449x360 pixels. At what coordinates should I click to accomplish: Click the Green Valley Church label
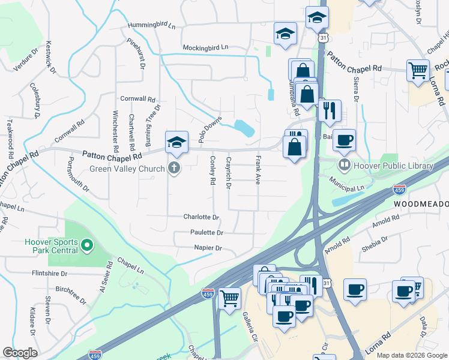pos(127,169)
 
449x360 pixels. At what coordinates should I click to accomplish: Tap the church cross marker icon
pos(174,168)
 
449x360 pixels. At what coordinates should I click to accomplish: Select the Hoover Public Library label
pos(393,166)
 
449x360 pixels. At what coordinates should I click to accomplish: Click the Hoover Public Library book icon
pos(345,165)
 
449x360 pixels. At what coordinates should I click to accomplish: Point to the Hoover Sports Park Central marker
pos(88,245)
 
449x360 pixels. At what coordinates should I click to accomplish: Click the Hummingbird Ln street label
pos(151,27)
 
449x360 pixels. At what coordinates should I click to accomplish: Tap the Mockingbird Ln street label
pos(206,47)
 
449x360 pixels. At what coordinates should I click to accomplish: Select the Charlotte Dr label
pos(201,217)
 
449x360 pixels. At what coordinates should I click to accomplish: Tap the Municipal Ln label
pos(347,187)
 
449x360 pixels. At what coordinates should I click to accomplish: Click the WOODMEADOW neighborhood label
pos(421,205)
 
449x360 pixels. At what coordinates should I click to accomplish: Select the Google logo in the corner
pos(20,353)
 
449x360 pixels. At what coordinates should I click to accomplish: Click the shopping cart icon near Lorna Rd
pos(418,70)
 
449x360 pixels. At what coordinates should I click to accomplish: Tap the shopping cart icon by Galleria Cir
pos(229,298)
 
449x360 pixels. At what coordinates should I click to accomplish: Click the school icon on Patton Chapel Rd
pos(176,142)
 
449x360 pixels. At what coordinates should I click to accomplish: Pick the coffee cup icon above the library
pos(344,140)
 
